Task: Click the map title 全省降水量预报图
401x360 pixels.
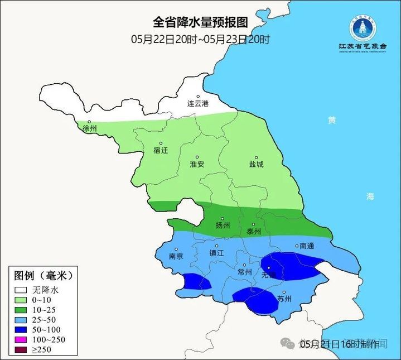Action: tap(200, 22)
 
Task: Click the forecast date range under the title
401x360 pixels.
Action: tap(200, 39)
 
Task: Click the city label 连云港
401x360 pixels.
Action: tap(197, 103)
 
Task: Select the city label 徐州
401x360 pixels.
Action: tap(89, 128)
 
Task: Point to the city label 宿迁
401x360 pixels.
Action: tap(160, 150)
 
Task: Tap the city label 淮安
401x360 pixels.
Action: tap(197, 164)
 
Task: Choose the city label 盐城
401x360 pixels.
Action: tap(257, 164)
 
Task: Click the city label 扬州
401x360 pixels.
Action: tap(223, 225)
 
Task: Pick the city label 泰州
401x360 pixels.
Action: tap(254, 231)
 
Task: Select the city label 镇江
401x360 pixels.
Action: tap(217, 252)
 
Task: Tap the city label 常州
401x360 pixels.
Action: tap(244, 272)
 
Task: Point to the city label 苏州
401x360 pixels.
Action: tap(284, 299)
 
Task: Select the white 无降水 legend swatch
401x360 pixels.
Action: tap(22, 290)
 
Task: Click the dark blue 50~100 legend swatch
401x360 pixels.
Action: tap(22, 330)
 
